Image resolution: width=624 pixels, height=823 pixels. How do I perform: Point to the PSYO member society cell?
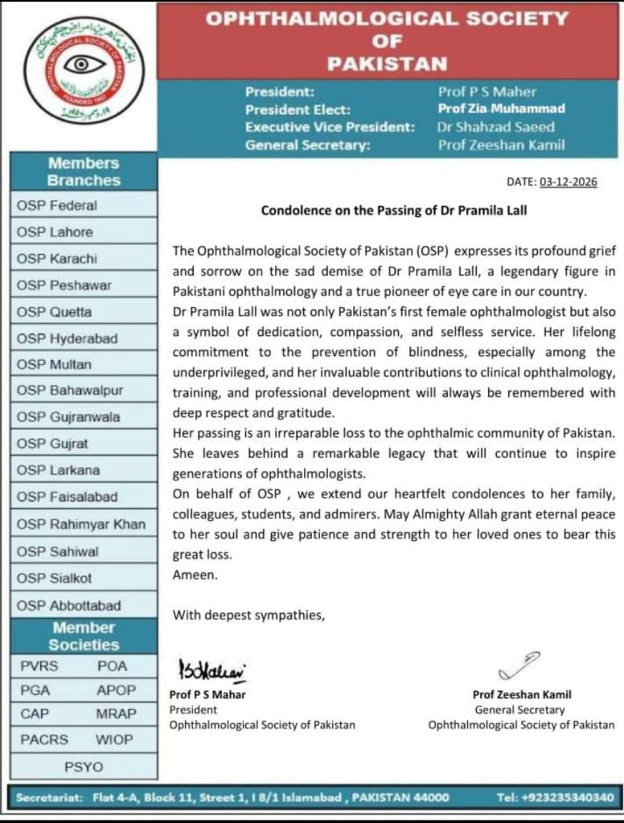(84, 766)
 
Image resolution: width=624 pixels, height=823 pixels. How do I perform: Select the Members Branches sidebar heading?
(84, 172)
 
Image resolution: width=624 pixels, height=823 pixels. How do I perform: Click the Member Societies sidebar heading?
(84, 636)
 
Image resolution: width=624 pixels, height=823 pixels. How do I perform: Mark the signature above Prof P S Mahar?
(211, 669)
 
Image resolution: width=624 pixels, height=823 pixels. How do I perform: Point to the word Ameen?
(190, 575)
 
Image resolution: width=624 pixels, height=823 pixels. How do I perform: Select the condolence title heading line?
(395, 211)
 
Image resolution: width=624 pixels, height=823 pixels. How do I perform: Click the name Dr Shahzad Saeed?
(496, 127)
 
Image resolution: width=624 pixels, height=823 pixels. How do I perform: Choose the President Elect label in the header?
(298, 109)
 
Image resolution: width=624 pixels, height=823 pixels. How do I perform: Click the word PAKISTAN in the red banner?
(388, 63)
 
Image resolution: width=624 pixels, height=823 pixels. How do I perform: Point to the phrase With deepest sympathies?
(248, 615)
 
